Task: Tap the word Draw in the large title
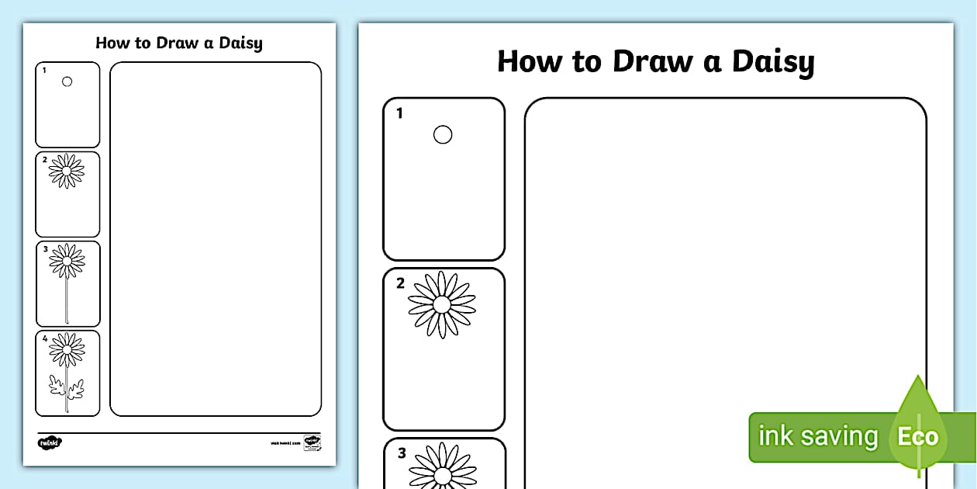[x=654, y=61]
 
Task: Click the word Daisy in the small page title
[x=240, y=43]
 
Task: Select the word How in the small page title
[x=112, y=43]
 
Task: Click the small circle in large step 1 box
[x=442, y=135]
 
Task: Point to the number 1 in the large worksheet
[x=399, y=114]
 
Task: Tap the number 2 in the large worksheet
[x=400, y=283]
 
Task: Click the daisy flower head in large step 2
[x=442, y=304]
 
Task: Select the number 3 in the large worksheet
[x=401, y=453]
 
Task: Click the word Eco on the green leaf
[x=917, y=436]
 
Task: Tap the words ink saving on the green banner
[x=818, y=436]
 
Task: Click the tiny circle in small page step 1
[x=67, y=81]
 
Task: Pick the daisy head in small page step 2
[x=67, y=171]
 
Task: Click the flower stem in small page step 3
[x=67, y=299]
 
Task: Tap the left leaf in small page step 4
[x=56, y=383]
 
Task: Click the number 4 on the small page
[x=45, y=338]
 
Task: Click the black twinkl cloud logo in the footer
[x=49, y=442]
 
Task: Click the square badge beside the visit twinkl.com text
[x=312, y=442]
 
